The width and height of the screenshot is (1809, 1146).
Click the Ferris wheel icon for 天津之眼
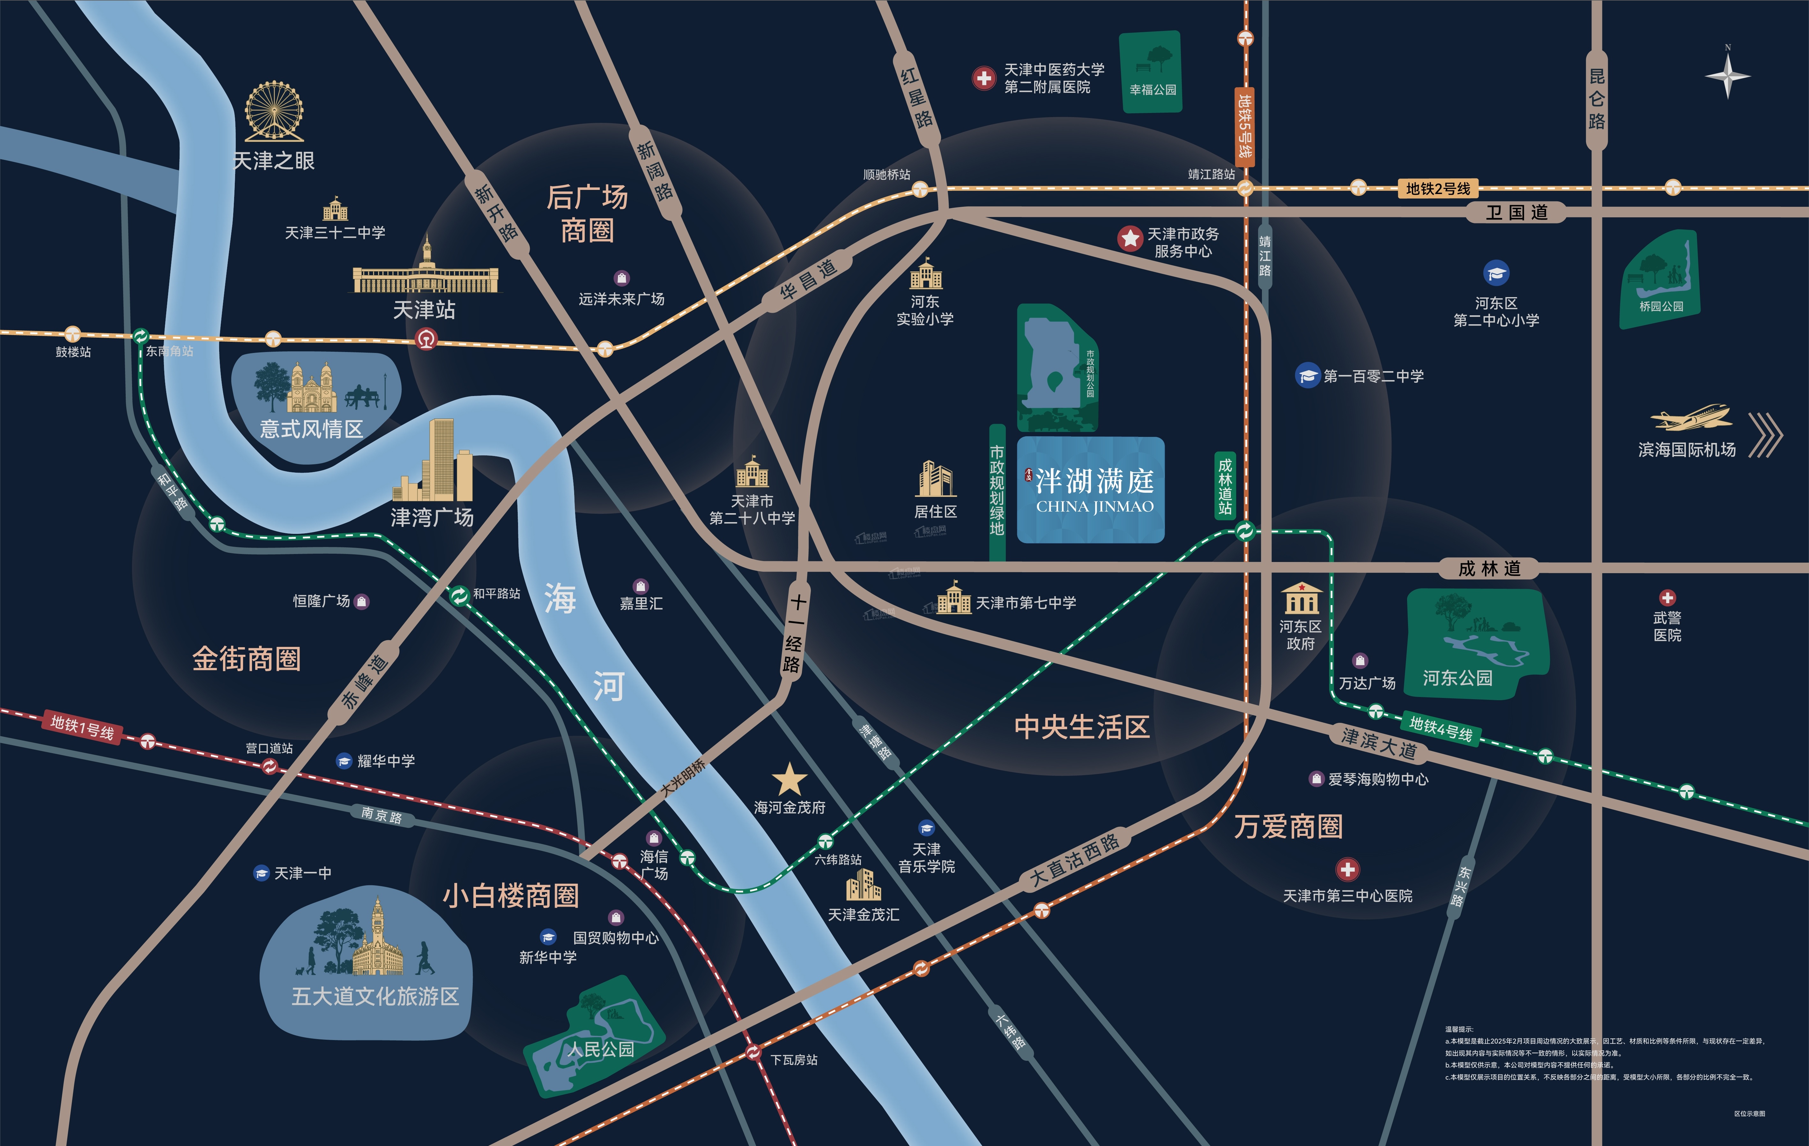[x=274, y=111]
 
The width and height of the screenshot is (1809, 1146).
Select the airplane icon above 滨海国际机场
[x=1690, y=418]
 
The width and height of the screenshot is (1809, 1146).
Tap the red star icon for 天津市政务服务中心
[x=1129, y=238]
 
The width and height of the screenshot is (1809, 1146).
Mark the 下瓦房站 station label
[x=793, y=1060]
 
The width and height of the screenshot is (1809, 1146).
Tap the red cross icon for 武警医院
[x=1667, y=597]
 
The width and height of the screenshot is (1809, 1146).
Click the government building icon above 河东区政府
[x=1301, y=598]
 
